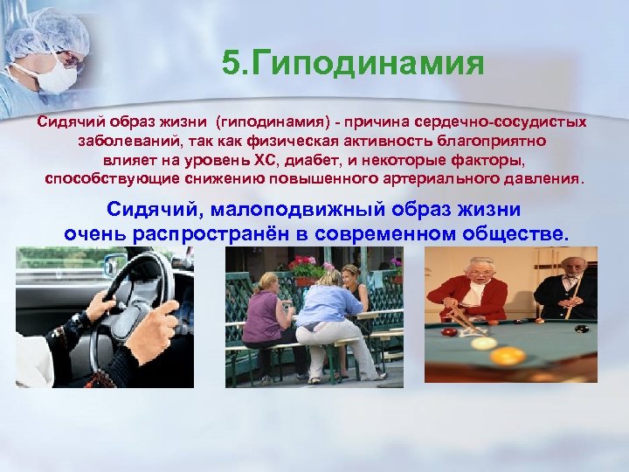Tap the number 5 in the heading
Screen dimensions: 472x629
point(231,64)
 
